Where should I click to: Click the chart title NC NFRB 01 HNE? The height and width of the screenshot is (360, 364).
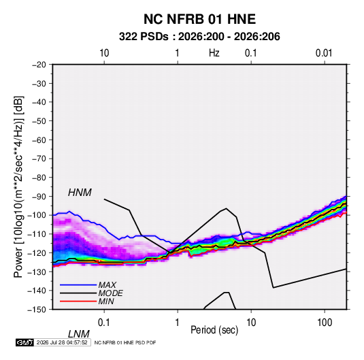(199, 19)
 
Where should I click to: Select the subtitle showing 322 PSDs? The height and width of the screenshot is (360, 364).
(199, 37)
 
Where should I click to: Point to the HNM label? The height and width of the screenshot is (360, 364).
(80, 193)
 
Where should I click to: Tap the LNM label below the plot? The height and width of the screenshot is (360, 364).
(78, 334)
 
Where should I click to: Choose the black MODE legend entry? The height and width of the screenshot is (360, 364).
(91, 293)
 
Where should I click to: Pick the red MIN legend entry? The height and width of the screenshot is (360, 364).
(87, 301)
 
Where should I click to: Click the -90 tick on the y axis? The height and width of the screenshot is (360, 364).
(38, 197)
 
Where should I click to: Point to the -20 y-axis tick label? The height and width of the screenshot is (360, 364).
(38, 65)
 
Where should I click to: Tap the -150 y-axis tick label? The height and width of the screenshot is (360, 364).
(37, 310)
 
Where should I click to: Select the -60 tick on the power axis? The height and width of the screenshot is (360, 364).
(38, 140)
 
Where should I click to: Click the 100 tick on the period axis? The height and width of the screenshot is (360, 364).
(325, 323)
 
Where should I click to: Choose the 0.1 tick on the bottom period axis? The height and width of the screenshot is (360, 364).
(104, 323)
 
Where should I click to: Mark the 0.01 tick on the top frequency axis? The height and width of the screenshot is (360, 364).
(324, 53)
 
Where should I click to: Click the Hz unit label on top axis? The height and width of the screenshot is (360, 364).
(214, 53)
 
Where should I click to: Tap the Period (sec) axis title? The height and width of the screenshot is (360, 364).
(214, 330)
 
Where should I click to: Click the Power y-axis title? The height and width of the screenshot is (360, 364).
(18, 187)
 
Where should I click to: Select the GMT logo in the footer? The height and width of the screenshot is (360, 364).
(24, 342)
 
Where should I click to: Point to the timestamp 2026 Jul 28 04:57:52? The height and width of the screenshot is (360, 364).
(62, 342)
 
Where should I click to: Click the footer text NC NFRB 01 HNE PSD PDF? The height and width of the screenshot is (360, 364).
(125, 342)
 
